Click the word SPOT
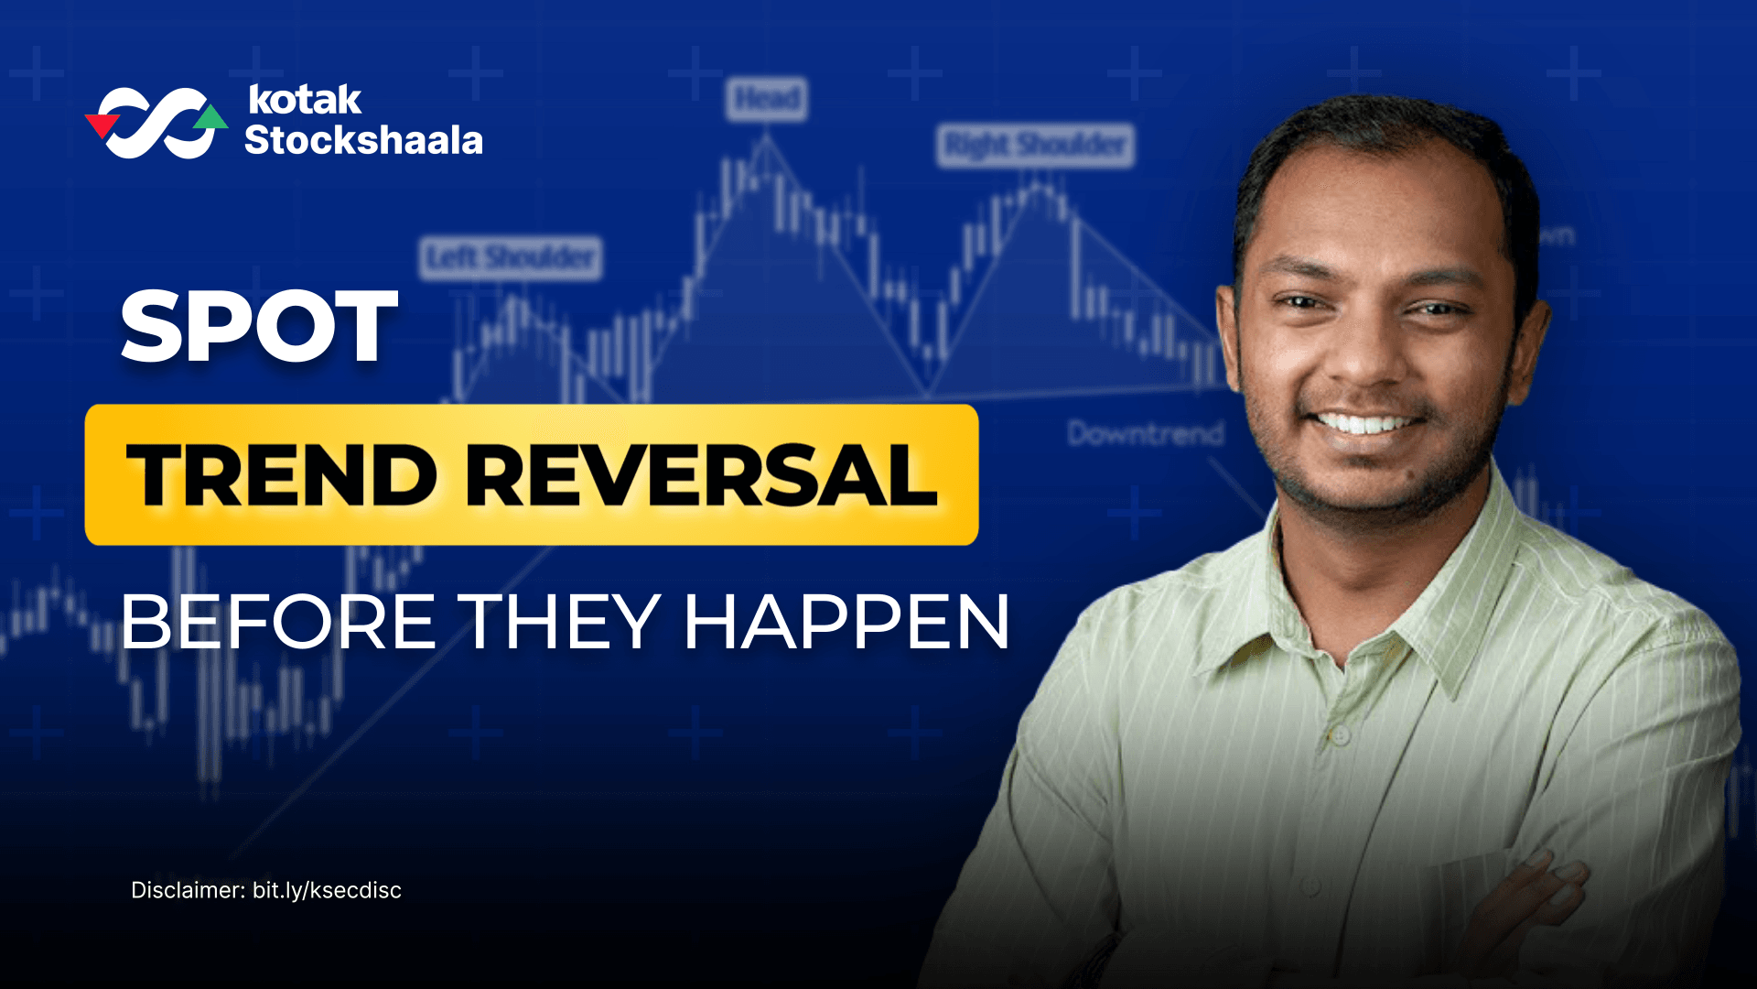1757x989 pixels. (259, 327)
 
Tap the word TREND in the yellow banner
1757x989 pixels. (282, 475)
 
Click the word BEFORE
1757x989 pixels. (278, 623)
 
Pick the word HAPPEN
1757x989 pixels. (846, 623)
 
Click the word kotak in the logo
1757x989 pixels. (305, 100)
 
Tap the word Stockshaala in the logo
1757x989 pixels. (363, 141)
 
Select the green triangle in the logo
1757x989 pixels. (211, 117)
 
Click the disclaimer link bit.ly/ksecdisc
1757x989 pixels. (327, 890)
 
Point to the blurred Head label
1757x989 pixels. (767, 98)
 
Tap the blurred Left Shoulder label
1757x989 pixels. (511, 257)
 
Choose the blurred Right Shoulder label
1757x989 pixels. (1035, 146)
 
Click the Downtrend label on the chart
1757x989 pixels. (1145, 433)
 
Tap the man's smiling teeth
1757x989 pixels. (1365, 424)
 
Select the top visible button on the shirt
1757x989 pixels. (1340, 735)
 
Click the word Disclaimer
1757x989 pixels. (188, 890)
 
